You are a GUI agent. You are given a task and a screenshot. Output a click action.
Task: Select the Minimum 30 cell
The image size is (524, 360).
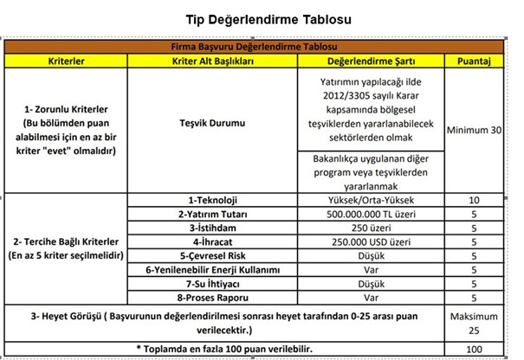click(474, 130)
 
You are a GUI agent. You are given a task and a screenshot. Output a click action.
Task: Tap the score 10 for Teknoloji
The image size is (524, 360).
click(474, 200)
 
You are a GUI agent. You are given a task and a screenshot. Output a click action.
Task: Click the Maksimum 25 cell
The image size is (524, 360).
click(474, 324)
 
